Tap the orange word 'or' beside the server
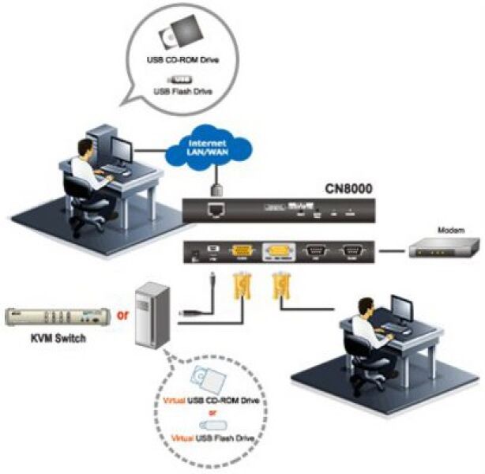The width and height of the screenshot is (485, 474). [122, 315]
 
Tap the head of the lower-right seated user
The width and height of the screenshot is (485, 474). [365, 305]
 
